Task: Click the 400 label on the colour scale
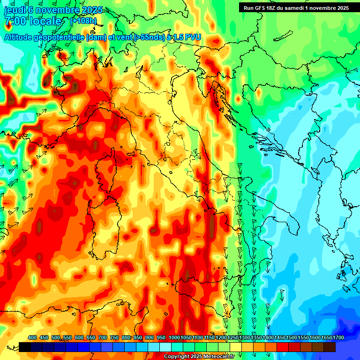(32, 337)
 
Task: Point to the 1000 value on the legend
(174, 337)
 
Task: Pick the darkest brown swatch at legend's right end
(330, 347)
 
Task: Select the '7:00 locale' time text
(33, 21)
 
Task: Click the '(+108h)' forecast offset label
(83, 21)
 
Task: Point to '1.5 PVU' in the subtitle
(187, 37)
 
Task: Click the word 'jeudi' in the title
(14, 10)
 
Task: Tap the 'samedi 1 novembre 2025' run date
(318, 7)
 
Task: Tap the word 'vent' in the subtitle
(121, 37)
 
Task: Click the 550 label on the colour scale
(67, 337)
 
